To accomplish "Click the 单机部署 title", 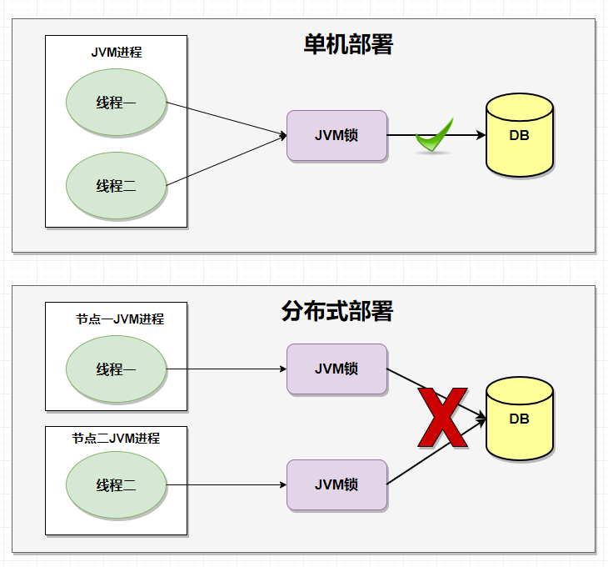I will (x=348, y=45).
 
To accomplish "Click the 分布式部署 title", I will (x=337, y=312).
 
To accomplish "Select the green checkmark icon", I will (x=434, y=136).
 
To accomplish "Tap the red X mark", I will (x=441, y=418).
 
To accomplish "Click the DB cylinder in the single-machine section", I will (x=520, y=135).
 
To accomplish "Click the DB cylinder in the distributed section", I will (x=520, y=419).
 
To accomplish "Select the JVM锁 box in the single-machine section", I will (x=336, y=135).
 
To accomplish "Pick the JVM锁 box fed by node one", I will (x=336, y=369).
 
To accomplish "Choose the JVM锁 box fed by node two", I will (x=336, y=484).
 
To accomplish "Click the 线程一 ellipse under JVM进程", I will (x=116, y=103).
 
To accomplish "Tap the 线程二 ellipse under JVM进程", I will (x=116, y=185).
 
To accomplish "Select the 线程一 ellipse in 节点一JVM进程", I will (x=116, y=369).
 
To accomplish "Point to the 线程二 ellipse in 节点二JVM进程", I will (x=116, y=484).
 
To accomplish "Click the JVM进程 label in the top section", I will (x=117, y=52).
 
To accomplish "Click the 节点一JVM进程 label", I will (x=120, y=319).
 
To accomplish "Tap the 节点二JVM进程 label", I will (x=116, y=438).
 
